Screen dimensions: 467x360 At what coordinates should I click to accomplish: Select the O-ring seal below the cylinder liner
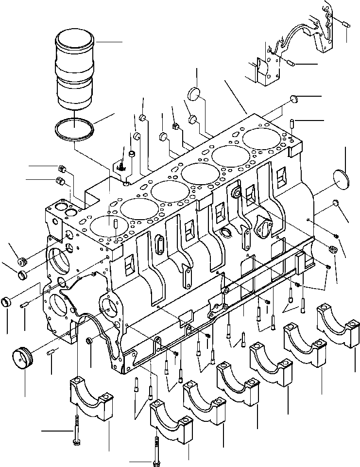(x=73, y=130)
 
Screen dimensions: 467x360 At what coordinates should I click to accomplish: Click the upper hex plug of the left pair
(x=62, y=169)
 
